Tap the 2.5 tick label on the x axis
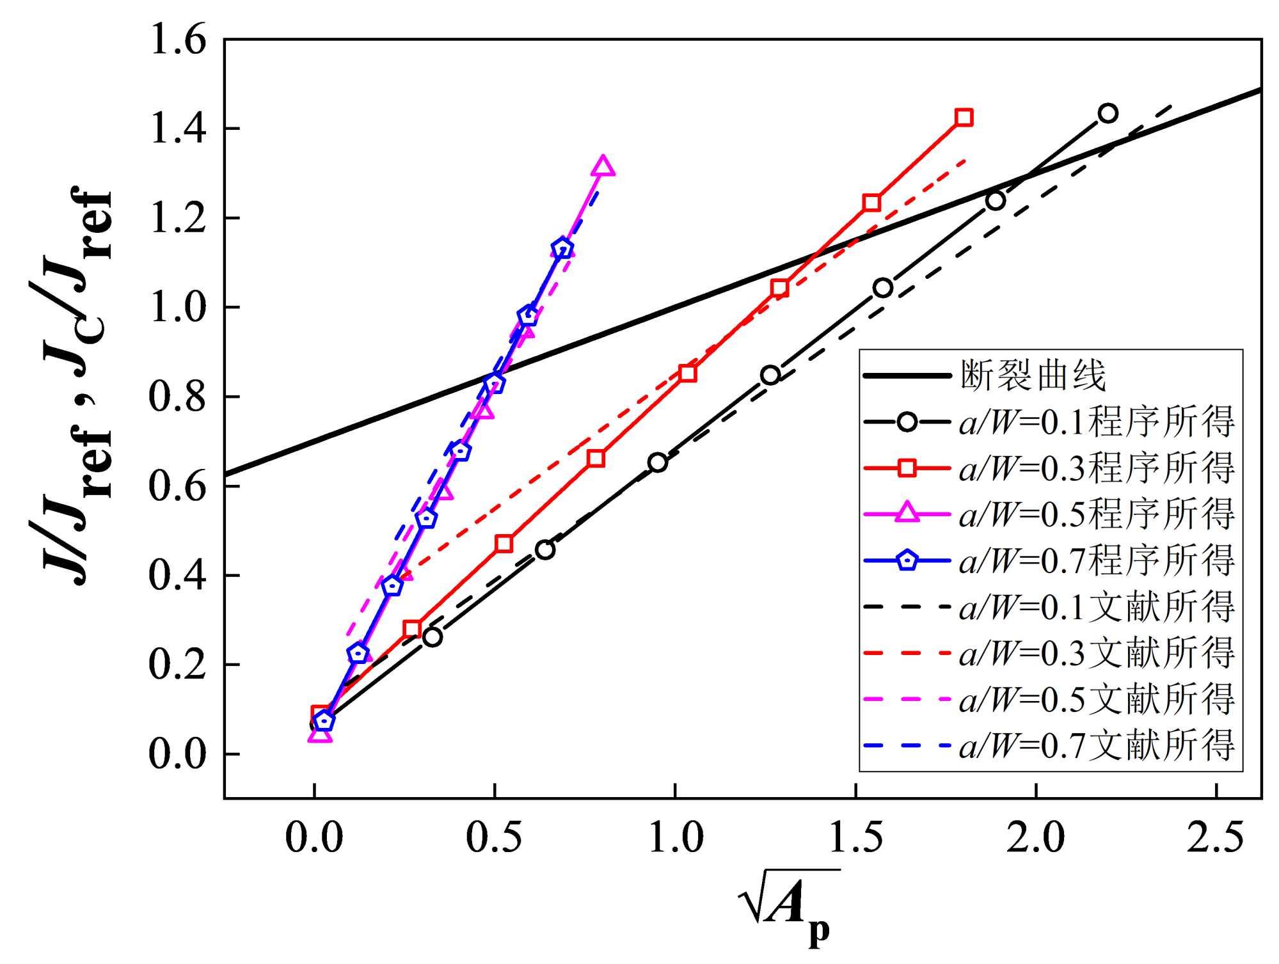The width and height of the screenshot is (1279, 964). click(1215, 838)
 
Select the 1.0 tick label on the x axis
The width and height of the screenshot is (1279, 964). click(675, 838)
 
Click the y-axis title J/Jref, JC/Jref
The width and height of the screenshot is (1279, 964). click(74, 384)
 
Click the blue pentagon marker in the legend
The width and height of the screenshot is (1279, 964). click(907, 561)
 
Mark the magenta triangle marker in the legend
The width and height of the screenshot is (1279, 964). click(907, 514)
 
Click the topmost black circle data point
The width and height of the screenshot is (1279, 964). click(1108, 113)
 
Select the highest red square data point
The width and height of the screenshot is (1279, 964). click(964, 117)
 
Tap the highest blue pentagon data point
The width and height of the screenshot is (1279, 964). click(562, 248)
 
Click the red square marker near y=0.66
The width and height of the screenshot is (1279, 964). click(596, 458)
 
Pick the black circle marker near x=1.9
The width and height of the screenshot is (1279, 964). click(995, 201)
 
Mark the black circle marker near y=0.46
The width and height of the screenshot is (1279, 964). click(544, 549)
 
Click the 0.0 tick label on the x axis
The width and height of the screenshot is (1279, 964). click(314, 838)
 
